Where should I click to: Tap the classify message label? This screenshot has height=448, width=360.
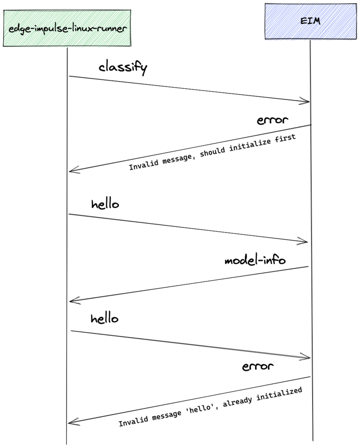coord(123,68)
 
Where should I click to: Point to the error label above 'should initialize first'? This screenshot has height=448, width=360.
coord(273,121)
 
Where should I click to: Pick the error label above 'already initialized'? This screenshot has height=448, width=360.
coord(257,367)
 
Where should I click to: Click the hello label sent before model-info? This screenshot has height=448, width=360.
coord(105,205)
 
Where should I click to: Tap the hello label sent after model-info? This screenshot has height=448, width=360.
coord(104,319)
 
